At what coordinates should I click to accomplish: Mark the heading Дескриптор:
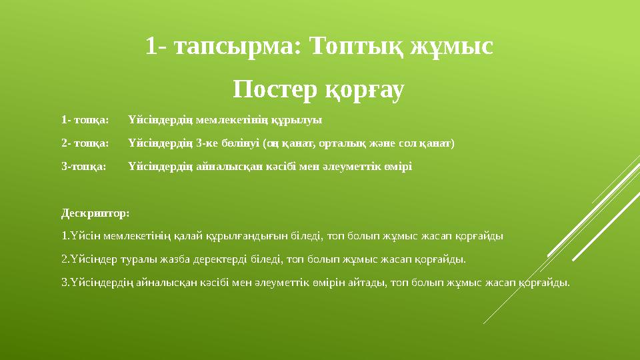tap(95, 213)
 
